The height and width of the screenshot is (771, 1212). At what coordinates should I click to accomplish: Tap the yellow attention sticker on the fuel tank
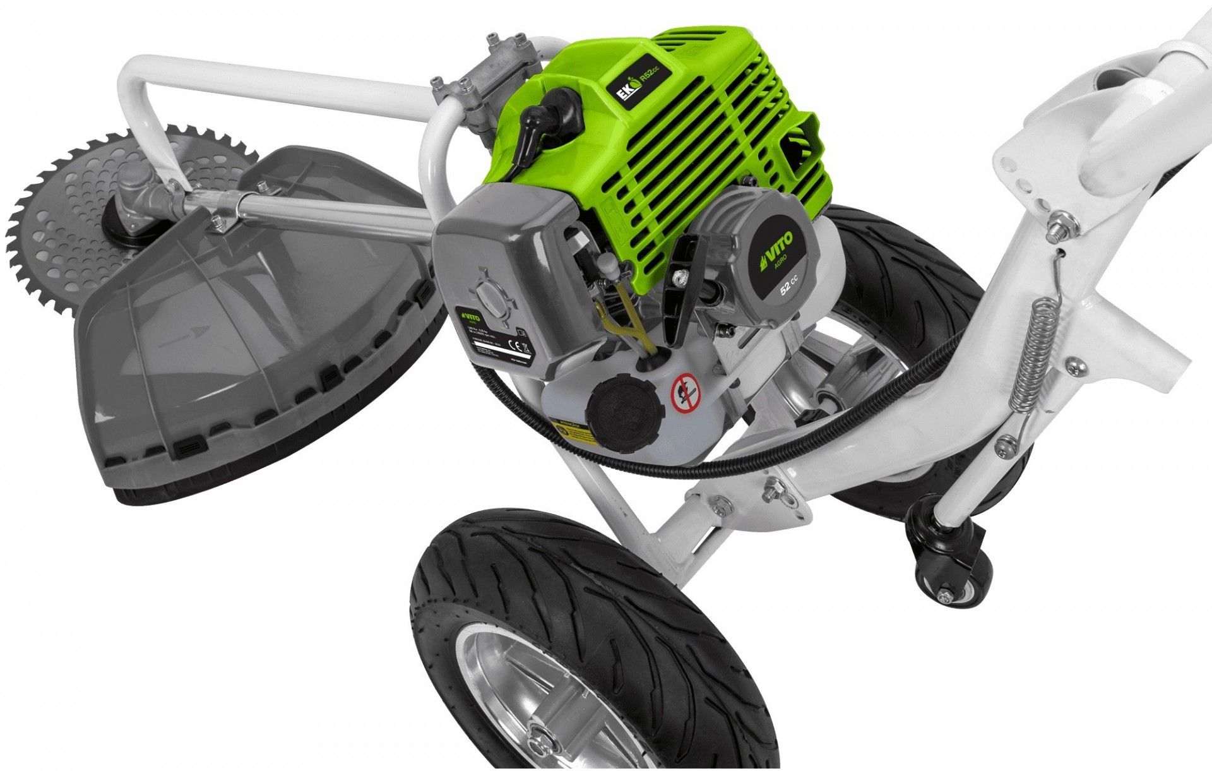click(572, 431)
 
